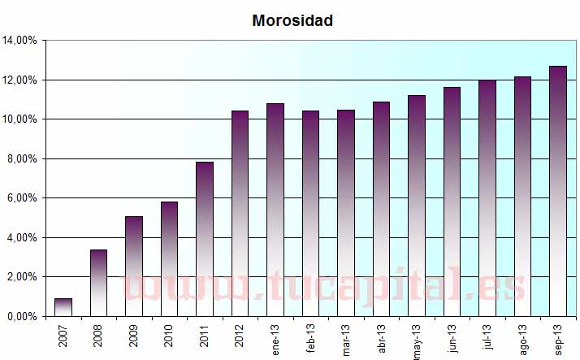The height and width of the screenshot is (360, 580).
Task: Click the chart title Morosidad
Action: (292, 21)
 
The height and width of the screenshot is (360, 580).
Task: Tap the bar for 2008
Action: (98, 283)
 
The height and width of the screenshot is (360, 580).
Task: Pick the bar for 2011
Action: (205, 239)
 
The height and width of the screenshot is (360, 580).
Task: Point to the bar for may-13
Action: (417, 206)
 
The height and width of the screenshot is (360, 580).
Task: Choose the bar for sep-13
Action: (558, 191)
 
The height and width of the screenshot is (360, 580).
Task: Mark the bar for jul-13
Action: (487, 198)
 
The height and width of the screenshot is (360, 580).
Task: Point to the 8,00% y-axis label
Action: (23, 158)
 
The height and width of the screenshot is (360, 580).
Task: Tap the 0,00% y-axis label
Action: (23, 316)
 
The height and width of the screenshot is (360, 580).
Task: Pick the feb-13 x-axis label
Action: (311, 337)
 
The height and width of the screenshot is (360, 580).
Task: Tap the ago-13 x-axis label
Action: (523, 337)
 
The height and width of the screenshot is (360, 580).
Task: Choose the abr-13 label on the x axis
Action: (382, 337)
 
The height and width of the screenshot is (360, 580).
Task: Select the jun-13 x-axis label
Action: (452, 337)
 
